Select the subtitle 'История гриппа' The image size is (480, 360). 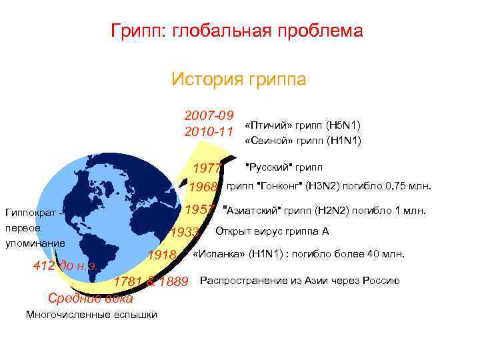pyautogui.click(x=239, y=79)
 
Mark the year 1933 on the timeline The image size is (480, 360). pyautogui.click(x=185, y=233)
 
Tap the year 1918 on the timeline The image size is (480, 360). pyautogui.click(x=162, y=255)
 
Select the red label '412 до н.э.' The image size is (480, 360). pyautogui.click(x=67, y=267)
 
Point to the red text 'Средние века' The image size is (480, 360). pyautogui.click(x=91, y=298)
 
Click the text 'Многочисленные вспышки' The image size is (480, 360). pyautogui.click(x=91, y=315)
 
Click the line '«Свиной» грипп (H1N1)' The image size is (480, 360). pyautogui.click(x=303, y=141)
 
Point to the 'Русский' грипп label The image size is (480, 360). pyautogui.click(x=284, y=166)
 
